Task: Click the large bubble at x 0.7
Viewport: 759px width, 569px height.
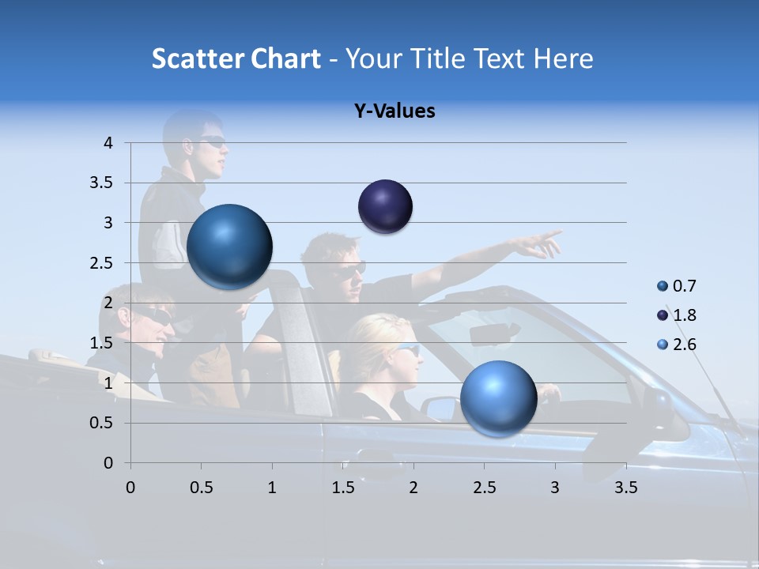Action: click(x=230, y=246)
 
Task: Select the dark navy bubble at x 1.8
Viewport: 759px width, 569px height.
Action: click(x=385, y=206)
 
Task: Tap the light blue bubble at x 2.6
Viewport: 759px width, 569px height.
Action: click(x=498, y=398)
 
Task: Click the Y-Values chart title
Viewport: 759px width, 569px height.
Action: click(x=394, y=111)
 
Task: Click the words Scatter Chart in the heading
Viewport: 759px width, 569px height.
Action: click(x=236, y=58)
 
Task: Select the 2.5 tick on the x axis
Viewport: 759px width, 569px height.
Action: click(x=484, y=488)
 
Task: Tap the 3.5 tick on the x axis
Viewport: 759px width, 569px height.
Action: click(x=625, y=488)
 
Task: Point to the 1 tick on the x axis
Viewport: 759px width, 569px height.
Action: click(x=272, y=488)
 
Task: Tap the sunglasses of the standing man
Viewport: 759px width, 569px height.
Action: click(x=212, y=142)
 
